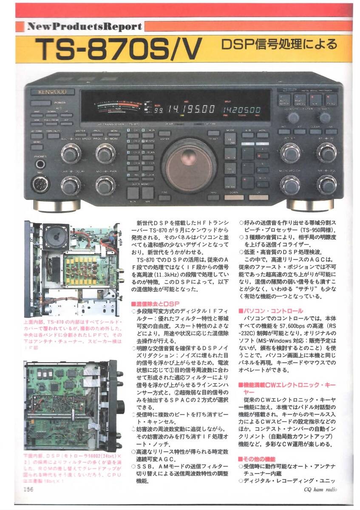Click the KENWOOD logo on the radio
[48, 91]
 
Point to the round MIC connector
[41, 184]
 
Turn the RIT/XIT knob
[290, 153]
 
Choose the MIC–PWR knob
[105, 185]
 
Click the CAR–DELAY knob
[71, 185]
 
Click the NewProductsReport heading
[84, 26]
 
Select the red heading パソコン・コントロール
[271, 311]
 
